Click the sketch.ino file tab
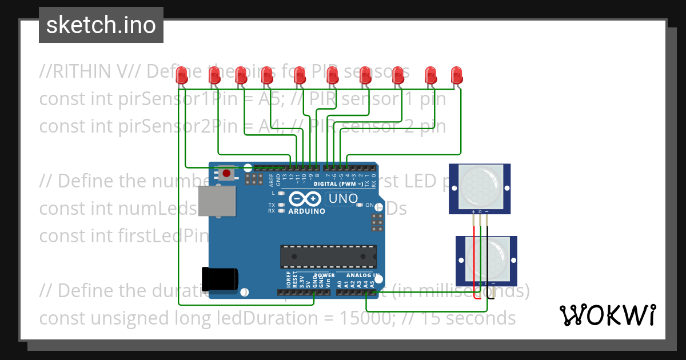(x=101, y=25)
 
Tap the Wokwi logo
(x=607, y=315)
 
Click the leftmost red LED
(x=182, y=75)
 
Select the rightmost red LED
(x=456, y=75)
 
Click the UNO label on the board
(x=341, y=199)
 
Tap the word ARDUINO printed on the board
(x=306, y=211)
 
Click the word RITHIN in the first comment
(x=81, y=71)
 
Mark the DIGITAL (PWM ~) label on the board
(x=337, y=184)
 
